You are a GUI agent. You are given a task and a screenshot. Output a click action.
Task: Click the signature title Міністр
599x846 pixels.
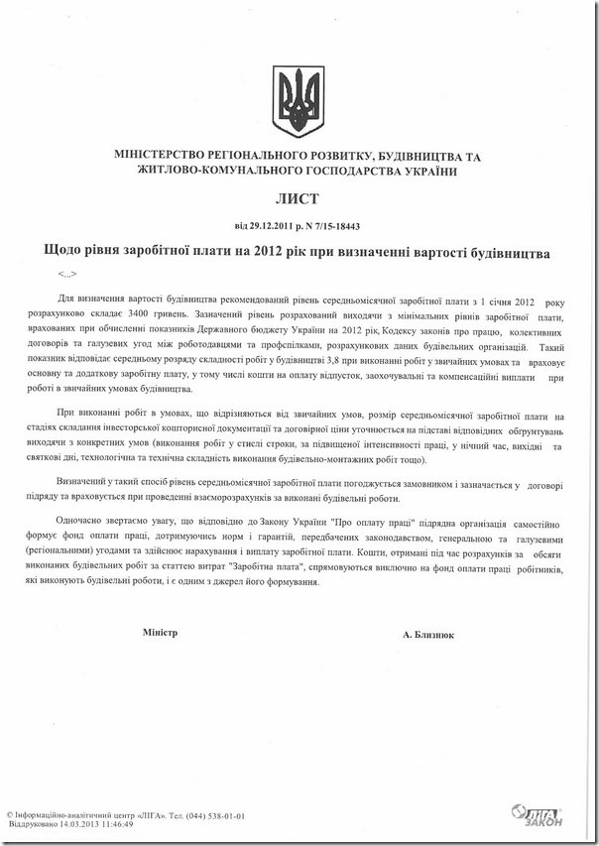pos(159,632)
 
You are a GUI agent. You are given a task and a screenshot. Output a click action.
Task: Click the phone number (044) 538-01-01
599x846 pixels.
pos(207,814)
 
